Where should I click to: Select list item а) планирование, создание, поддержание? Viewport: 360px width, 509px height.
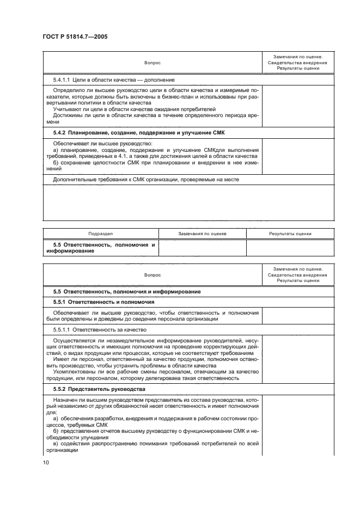[x=155, y=149]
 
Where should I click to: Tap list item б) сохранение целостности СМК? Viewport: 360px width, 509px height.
[x=155, y=162]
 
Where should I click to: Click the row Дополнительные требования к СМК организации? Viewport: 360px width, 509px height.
[x=145, y=179]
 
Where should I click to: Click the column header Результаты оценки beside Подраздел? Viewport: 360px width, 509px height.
[x=290, y=234]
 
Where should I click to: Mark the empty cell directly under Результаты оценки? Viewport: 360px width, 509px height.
[x=290, y=248]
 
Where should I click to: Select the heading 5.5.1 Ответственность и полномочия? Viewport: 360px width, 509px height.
[x=103, y=301]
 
